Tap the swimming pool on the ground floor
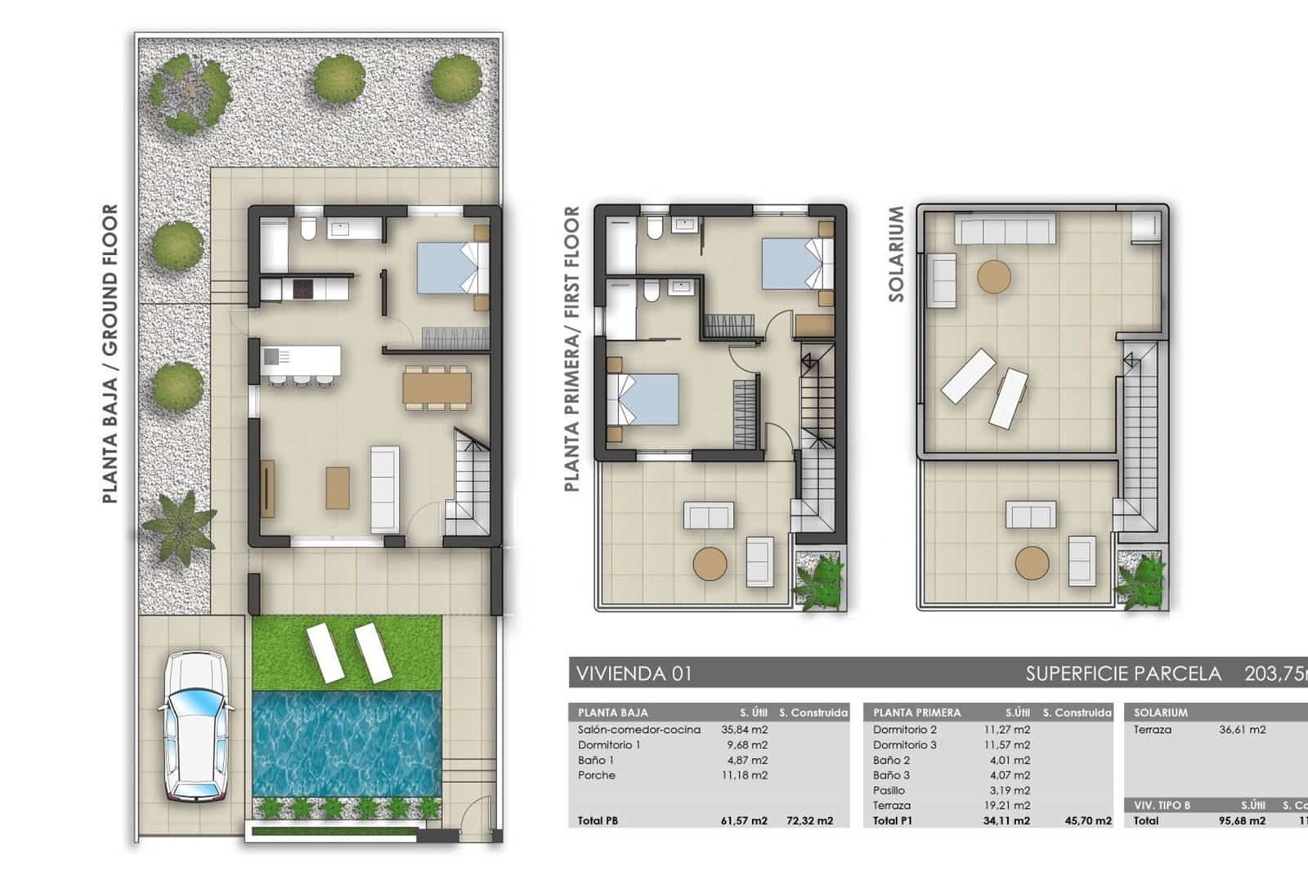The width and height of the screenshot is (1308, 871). pos(347,744)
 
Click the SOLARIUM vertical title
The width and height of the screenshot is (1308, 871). pos(897,254)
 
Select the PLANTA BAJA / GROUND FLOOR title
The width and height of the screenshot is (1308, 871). pos(110,353)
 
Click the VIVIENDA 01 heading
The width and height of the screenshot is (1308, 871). pos(634,673)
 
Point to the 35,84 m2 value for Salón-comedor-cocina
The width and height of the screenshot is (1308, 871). pos(743,730)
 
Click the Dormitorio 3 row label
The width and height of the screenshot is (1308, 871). pos(904,745)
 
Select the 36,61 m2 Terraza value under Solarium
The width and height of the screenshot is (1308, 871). pos(1242,730)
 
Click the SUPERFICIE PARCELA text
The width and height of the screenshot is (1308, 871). pos(1123,673)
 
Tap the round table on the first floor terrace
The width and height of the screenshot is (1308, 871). pos(710,563)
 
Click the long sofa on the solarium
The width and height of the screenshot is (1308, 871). pos(1006,230)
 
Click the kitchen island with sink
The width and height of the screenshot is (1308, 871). pos(301,360)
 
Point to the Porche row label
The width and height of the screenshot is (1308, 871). pos(596,775)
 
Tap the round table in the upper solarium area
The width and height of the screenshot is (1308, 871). pos(994,277)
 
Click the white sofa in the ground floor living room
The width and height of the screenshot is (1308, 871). pos(385,489)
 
